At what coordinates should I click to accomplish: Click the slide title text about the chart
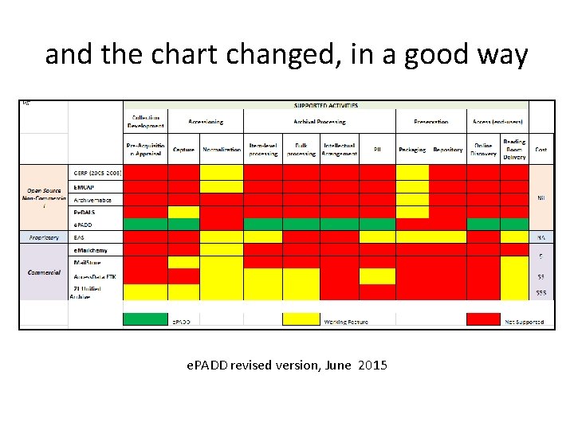coord(286,55)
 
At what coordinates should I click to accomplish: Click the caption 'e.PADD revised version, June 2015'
coord(286,365)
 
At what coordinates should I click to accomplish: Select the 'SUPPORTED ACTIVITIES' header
coord(325,105)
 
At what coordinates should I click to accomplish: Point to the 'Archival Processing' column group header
coord(319,122)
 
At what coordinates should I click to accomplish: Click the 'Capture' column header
coord(183,150)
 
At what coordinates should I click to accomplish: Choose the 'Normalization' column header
coord(222,150)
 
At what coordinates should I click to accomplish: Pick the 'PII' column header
coord(376,150)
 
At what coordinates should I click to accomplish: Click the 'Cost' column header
coord(541,150)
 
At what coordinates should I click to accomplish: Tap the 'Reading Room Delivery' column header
coord(514,149)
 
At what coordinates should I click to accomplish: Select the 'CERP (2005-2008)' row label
coord(96,172)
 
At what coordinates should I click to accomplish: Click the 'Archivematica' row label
coord(94,200)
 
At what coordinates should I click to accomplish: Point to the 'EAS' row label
coord(79,237)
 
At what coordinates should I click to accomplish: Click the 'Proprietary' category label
coord(44,237)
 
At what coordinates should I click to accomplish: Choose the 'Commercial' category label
coord(44,272)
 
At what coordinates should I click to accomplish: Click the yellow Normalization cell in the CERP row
coord(221,172)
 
